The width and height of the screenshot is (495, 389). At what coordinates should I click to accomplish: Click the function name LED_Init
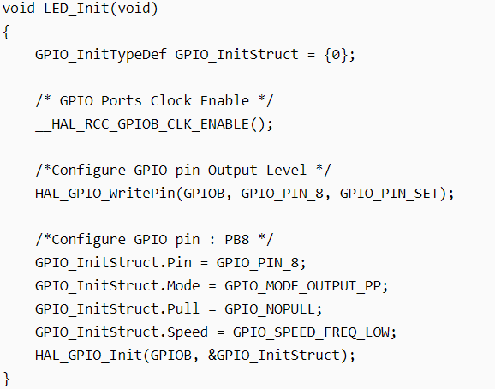click(76, 9)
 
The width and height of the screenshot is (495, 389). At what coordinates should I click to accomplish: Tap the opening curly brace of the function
click(6, 33)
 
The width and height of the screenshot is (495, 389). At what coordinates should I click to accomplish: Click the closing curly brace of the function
click(6, 379)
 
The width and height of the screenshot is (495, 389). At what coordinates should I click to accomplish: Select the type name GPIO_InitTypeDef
click(101, 55)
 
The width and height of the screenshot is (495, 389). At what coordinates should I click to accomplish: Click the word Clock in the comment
click(170, 101)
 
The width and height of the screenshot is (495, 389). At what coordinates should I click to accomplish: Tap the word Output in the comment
click(232, 171)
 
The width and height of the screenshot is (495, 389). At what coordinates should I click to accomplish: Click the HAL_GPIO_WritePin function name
click(105, 194)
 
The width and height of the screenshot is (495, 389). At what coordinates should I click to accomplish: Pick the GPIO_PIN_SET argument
click(390, 194)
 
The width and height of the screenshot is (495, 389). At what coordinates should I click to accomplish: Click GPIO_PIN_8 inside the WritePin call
click(283, 194)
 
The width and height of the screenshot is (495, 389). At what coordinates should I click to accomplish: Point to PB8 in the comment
click(236, 240)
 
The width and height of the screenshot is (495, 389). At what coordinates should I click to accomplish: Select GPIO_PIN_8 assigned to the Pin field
click(257, 263)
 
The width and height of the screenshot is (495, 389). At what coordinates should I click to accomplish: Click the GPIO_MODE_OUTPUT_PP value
click(303, 286)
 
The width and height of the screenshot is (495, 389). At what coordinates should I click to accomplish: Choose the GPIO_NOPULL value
click(270, 309)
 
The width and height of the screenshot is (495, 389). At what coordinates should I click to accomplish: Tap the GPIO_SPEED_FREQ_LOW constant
click(311, 332)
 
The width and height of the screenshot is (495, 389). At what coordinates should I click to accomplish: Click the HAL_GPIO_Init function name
click(88, 356)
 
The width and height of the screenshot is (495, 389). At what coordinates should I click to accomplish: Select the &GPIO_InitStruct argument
click(274, 356)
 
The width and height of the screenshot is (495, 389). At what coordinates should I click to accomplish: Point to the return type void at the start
click(19, 9)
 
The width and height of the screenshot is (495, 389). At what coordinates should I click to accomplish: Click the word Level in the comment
click(286, 171)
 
